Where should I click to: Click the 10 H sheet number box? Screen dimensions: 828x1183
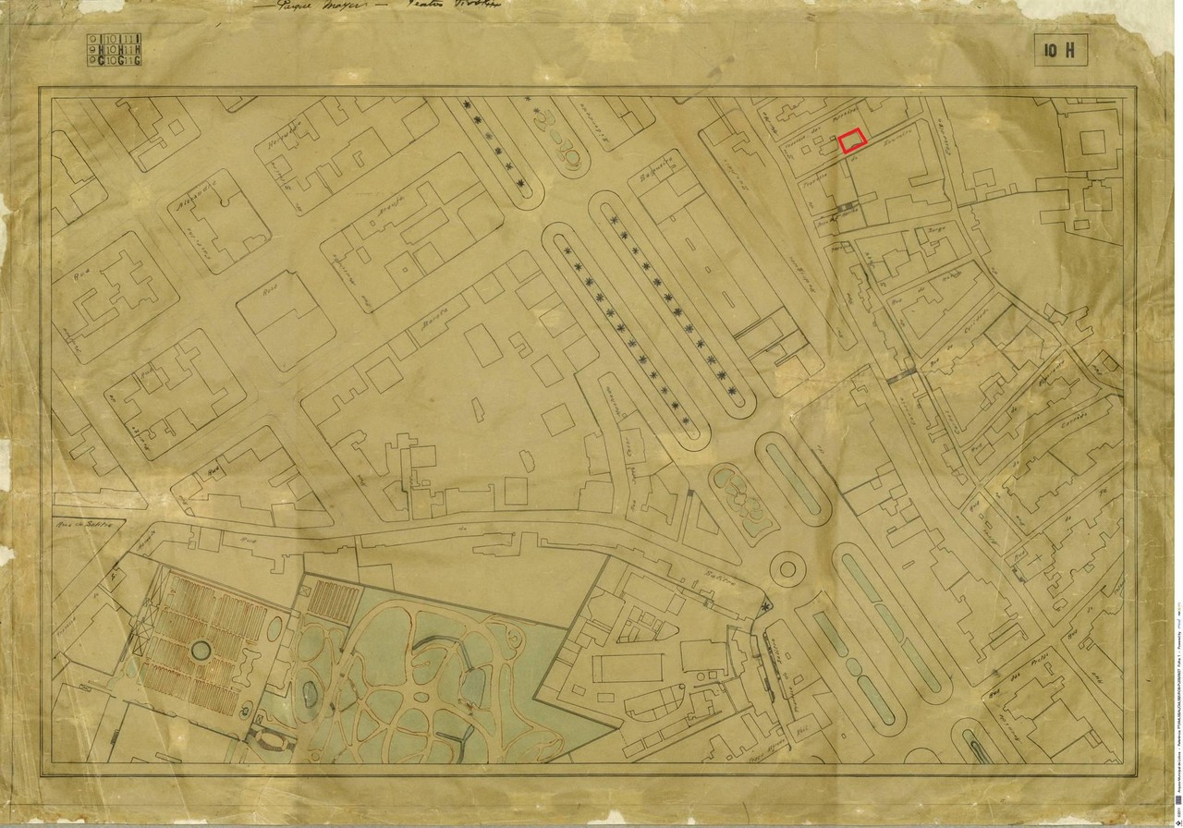(x=1060, y=51)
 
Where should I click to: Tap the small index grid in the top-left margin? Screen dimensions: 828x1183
(x=114, y=50)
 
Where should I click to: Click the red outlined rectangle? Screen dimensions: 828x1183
(x=852, y=140)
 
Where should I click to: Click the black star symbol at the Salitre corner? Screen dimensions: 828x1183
(x=766, y=605)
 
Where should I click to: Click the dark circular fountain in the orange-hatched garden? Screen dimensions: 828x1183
(x=199, y=651)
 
